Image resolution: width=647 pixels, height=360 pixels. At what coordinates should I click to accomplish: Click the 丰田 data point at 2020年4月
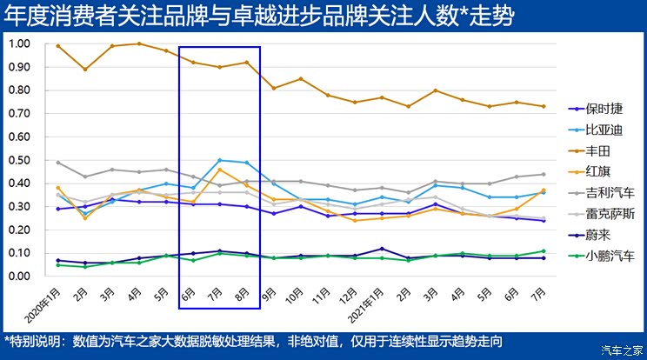pos(139,43)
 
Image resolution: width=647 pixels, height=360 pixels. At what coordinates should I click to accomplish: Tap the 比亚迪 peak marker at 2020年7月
pos(220,160)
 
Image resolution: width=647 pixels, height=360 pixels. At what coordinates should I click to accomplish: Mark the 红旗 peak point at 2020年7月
pos(220,169)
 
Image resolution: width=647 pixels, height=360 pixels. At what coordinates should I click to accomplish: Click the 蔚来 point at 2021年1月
pos(382,249)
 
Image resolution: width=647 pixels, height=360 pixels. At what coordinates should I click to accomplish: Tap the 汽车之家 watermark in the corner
pos(618,350)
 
